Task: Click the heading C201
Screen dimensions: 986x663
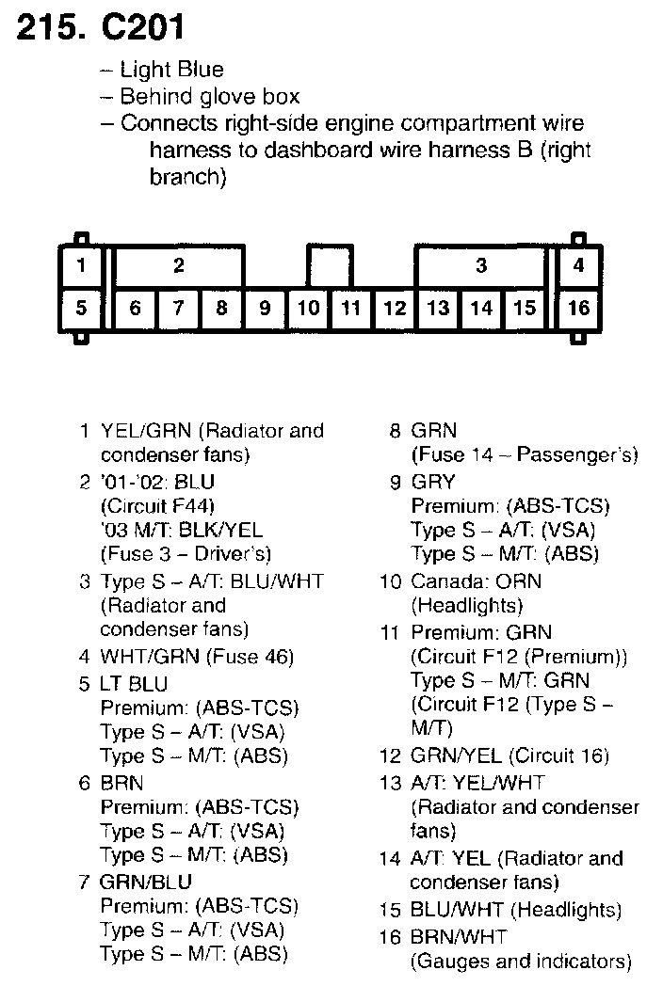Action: tap(143, 29)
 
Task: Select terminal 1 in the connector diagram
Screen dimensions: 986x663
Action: tap(81, 264)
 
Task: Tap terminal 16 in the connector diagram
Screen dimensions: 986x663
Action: tap(578, 308)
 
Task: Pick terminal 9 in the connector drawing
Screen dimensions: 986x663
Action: tap(265, 308)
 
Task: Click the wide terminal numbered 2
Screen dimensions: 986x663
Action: tap(179, 265)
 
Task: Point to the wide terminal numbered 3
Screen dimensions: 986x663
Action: tap(480, 265)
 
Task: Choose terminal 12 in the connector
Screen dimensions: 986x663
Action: tap(395, 308)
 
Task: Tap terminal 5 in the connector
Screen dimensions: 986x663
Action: tap(81, 308)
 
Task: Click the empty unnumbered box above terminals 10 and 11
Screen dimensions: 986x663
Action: tap(330, 264)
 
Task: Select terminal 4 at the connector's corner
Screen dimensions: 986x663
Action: tap(578, 264)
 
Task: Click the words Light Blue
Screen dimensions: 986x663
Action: tap(171, 70)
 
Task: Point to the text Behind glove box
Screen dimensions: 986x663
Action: tap(209, 96)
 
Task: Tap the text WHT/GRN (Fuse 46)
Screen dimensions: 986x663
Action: tap(197, 657)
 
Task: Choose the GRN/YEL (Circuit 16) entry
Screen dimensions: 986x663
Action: tap(509, 755)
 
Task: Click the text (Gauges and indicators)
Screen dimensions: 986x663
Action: tap(521, 961)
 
